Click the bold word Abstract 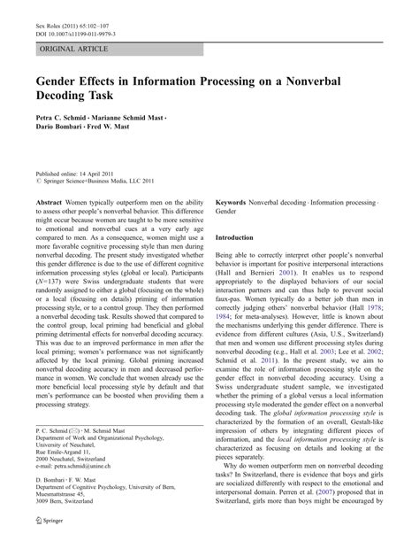pyautogui.click(x=50, y=203)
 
